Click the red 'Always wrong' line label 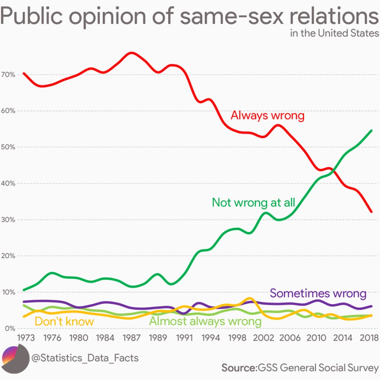click(x=267, y=116)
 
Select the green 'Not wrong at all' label click(x=254, y=202)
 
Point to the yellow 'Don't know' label click(x=64, y=321)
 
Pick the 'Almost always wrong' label click(x=205, y=321)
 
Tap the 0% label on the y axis click(x=9, y=328)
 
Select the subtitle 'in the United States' click(x=334, y=33)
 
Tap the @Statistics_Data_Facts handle click(x=85, y=357)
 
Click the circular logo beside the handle click(x=16, y=357)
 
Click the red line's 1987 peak click(x=131, y=53)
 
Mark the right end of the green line click(x=371, y=131)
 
